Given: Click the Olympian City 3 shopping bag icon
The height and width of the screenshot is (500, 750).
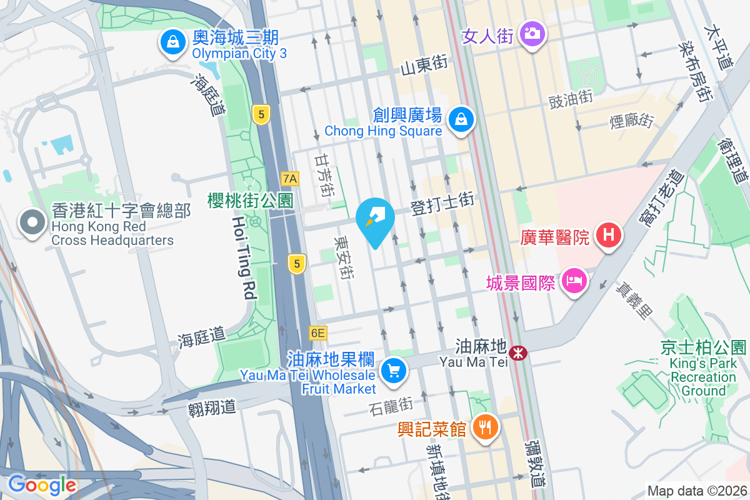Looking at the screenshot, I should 171,42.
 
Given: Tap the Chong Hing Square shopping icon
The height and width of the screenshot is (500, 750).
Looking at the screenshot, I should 461,119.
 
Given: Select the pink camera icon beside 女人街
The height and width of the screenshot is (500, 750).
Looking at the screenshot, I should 532,32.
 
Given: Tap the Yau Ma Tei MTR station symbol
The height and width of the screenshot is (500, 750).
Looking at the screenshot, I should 517,354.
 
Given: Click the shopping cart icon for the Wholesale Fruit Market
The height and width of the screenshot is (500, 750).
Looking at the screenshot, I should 394,371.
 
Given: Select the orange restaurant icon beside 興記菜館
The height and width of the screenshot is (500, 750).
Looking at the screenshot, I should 485,427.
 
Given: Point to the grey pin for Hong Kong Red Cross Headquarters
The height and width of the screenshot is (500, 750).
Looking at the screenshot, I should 32,223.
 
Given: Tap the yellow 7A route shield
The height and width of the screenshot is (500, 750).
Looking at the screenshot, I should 290,179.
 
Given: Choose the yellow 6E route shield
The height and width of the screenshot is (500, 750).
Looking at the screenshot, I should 317,333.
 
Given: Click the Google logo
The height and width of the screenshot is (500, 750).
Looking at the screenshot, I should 42,484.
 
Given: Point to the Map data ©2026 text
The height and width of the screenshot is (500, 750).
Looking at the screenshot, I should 696,491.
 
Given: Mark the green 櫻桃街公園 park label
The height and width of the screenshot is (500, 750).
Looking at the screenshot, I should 250,201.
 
